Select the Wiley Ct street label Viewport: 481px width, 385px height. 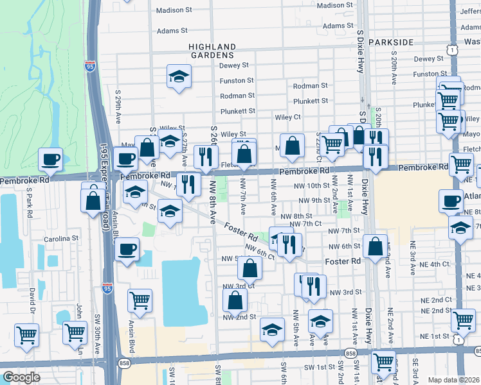288,117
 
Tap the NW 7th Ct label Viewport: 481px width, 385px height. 305,223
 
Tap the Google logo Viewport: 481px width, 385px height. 21,377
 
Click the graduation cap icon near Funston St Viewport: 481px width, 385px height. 178,76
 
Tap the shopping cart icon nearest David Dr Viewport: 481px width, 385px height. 26,334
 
